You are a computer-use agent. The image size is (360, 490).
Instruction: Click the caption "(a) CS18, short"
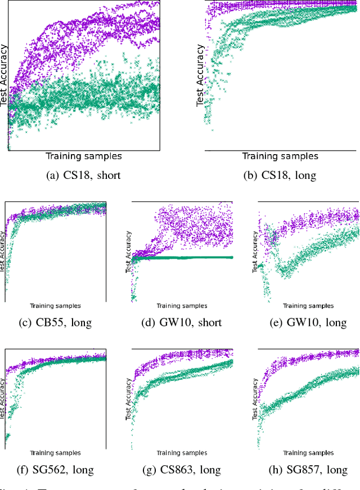[83, 175]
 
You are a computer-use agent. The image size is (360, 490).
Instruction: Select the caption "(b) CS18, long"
[280, 175]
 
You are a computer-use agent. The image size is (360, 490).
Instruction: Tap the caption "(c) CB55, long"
[55, 322]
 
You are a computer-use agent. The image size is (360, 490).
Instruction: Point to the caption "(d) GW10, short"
[181, 322]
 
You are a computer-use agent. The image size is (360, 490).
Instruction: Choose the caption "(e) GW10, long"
[308, 322]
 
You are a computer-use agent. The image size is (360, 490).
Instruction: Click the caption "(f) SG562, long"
[55, 470]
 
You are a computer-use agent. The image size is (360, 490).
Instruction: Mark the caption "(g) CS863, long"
[181, 470]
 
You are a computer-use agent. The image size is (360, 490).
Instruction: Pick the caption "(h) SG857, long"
[308, 470]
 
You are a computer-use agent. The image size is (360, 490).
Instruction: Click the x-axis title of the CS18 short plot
[83, 156]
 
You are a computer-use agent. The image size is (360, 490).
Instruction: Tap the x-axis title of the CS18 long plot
[280, 156]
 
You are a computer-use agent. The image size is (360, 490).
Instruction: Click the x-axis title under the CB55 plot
[55, 306]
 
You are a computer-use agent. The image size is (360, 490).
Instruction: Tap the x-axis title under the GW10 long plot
[308, 306]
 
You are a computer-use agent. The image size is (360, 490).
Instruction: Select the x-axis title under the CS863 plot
[182, 453]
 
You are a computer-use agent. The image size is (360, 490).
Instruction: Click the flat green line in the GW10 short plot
[186, 257]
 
